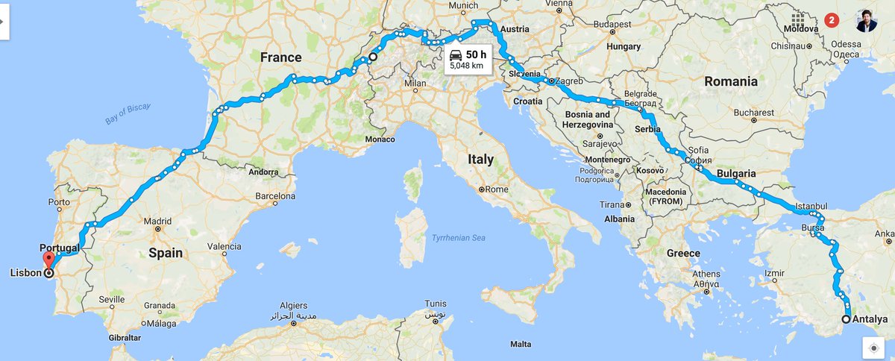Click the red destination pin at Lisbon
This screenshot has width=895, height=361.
49,260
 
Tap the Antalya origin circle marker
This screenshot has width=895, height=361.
847,319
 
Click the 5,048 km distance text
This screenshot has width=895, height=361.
466,66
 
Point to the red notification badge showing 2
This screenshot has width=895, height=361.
832,20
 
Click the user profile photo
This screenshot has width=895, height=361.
866,21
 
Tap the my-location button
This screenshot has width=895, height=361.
873,348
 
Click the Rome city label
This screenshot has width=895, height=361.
496,189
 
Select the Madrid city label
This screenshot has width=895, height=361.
157,221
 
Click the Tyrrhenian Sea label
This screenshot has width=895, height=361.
459,238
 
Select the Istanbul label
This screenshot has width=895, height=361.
811,205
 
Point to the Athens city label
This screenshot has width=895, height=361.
706,274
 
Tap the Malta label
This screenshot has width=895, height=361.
521,344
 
